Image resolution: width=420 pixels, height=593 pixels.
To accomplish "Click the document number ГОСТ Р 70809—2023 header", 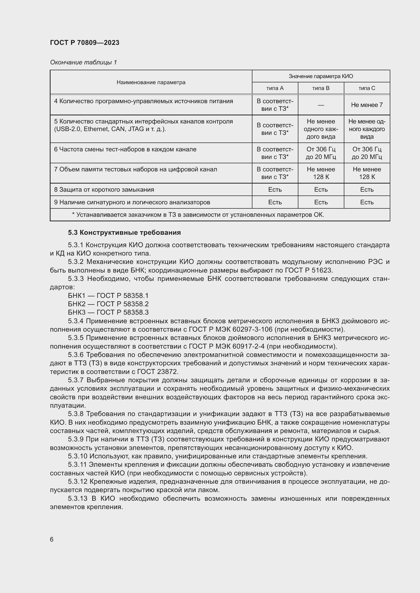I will click(85, 43).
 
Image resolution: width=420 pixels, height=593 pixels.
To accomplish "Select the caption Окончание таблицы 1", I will click(83, 62).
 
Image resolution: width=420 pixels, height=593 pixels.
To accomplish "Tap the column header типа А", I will click(275, 88).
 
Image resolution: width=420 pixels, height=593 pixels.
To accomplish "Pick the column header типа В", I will click(321, 88).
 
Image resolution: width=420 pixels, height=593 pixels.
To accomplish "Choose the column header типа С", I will click(366, 88).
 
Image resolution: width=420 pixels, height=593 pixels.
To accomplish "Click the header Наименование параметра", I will click(151, 82).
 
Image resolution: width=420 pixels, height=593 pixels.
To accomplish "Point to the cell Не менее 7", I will click(366, 105).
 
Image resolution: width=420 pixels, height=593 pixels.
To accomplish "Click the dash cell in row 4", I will click(321, 105).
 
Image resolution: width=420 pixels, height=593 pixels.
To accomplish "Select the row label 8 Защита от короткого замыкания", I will click(104, 190).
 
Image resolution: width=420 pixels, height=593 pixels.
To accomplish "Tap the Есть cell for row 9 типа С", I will click(366, 202).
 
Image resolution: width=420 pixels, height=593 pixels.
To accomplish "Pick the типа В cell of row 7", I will click(321, 173).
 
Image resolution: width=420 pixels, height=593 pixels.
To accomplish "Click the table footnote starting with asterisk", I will click(198, 215).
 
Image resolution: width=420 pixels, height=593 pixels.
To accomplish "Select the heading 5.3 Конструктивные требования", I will click(124, 232).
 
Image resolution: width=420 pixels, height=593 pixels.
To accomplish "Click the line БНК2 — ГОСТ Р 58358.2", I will click(108, 304).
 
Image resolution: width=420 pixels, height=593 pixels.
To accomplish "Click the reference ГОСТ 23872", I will click(157, 372).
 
